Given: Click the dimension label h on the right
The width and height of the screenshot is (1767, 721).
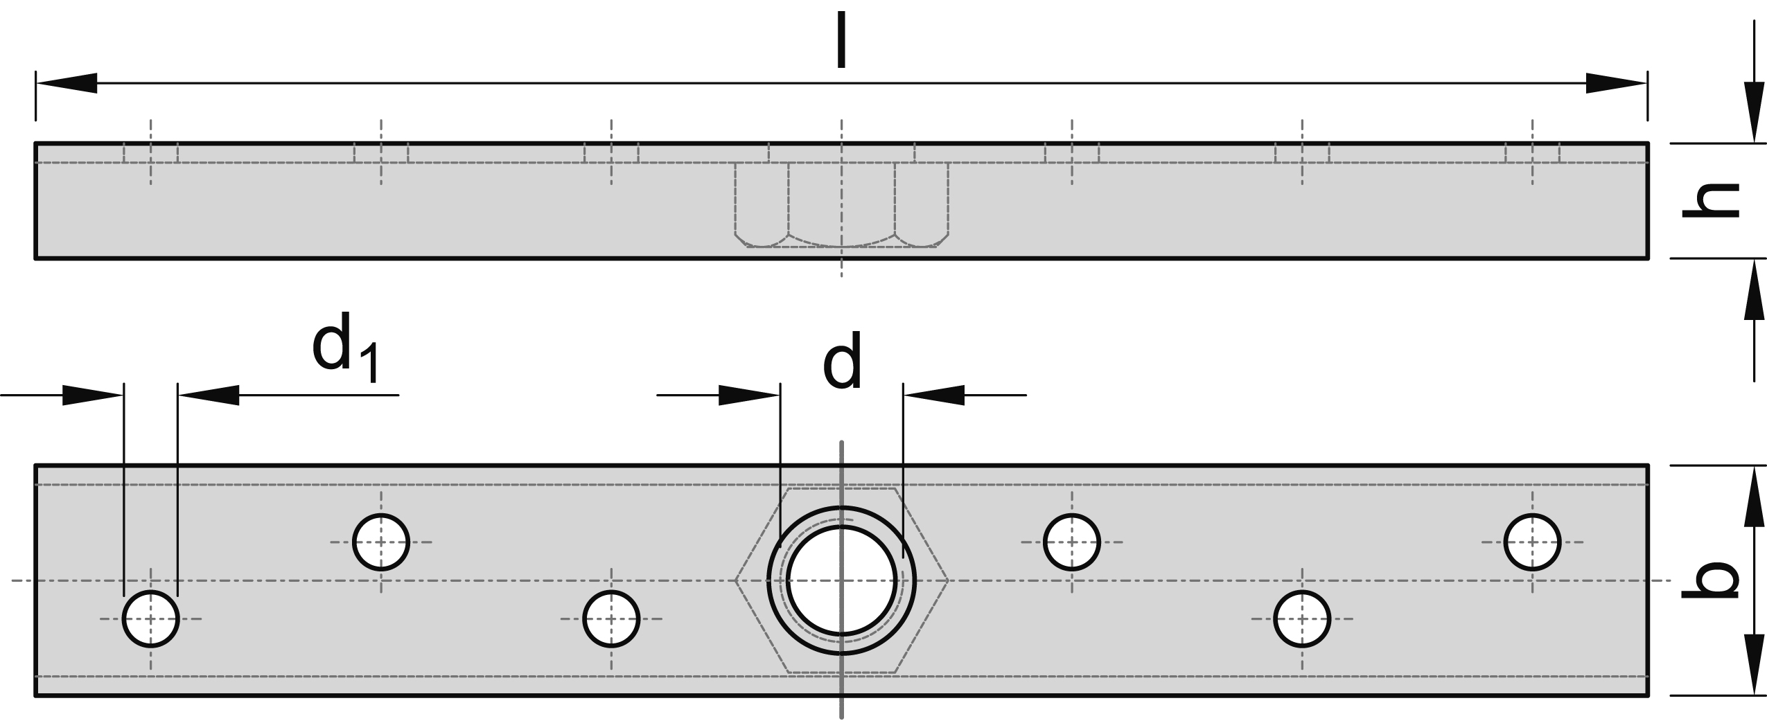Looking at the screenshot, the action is click(1710, 201).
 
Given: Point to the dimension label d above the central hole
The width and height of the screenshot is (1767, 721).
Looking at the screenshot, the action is click(842, 361).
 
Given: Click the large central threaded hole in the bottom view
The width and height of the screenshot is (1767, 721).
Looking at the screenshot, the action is click(841, 580).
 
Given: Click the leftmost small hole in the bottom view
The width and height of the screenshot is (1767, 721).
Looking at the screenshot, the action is click(150, 618).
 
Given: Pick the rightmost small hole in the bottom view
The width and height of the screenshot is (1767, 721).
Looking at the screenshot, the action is click(1532, 542).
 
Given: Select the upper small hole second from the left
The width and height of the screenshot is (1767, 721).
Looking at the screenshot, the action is click(380, 542).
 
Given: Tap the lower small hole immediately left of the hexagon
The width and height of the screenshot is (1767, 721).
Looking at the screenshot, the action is click(611, 618).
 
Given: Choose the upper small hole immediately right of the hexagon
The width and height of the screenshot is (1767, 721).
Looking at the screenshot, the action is click(1071, 542).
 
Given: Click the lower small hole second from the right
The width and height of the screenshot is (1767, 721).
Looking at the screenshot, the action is click(1302, 618).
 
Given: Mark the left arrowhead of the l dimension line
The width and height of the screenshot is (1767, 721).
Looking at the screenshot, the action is click(66, 83).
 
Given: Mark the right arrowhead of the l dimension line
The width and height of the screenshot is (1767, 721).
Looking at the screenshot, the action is click(1617, 83).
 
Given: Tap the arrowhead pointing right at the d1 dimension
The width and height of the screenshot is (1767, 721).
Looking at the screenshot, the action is click(92, 395).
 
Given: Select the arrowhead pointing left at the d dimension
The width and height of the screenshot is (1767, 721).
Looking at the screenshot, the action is click(933, 395).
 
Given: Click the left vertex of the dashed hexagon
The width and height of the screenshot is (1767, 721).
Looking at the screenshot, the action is click(735, 580).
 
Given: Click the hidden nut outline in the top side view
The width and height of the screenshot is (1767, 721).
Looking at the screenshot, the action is click(841, 206).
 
